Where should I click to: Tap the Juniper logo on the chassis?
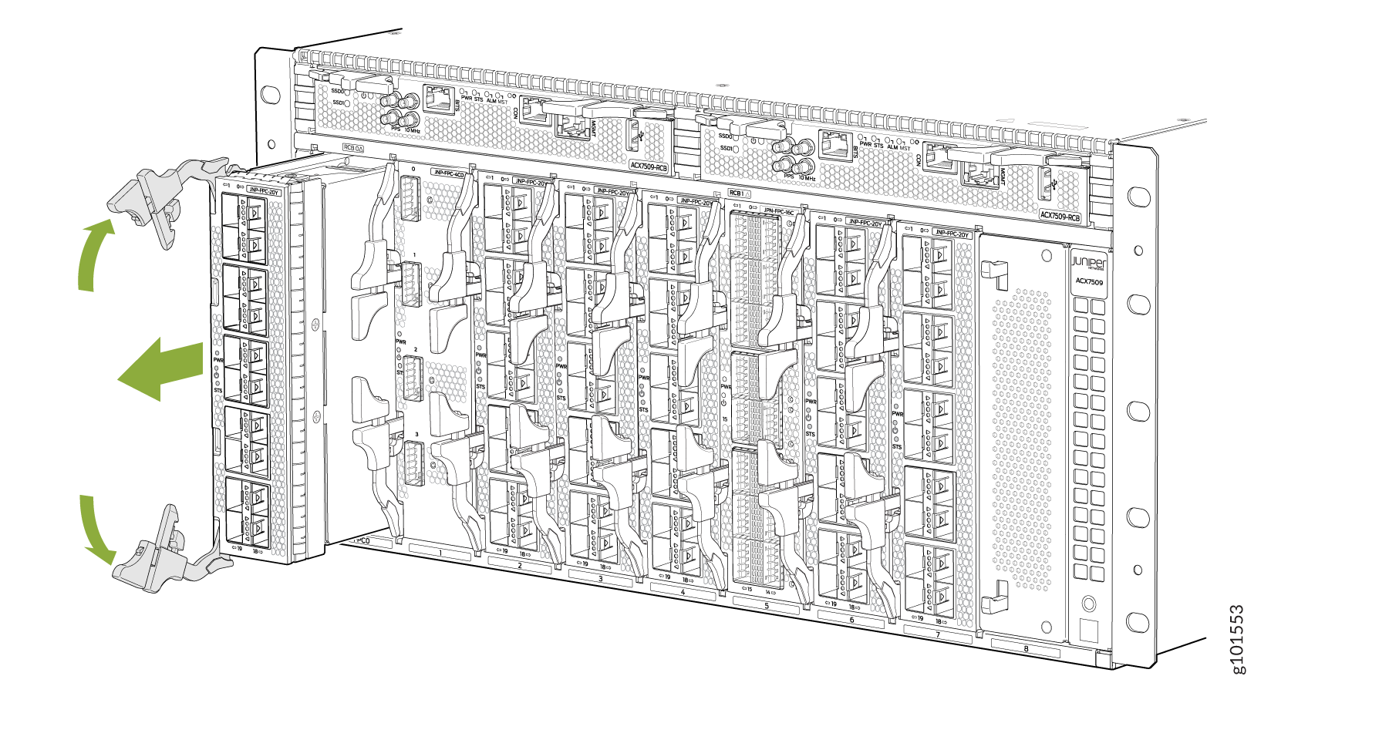[x=1088, y=264]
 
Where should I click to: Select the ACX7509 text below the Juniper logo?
[x=1089, y=282]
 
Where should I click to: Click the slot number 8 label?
[x=1026, y=649]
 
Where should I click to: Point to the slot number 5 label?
[x=766, y=607]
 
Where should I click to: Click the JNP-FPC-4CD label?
[x=448, y=173]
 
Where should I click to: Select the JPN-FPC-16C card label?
[x=779, y=210]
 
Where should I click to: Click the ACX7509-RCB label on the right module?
[x=1060, y=217]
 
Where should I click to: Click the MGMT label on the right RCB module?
[x=1002, y=177]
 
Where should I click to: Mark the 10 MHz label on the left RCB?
[x=413, y=131]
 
